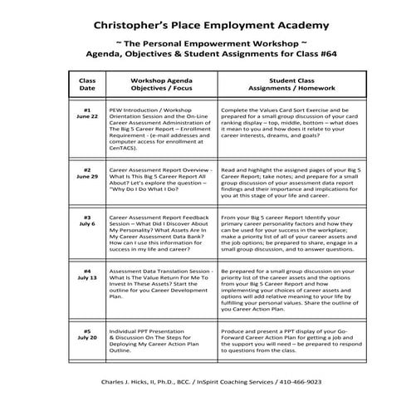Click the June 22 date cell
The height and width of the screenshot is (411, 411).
pos(87,114)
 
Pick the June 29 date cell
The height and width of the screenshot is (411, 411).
pos(87,173)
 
